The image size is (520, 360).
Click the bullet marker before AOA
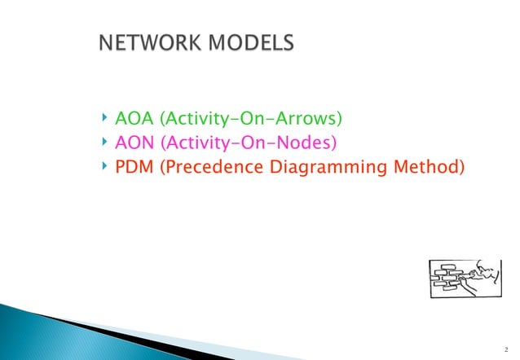click(x=105, y=121)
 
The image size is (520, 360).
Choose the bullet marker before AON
click(x=105, y=144)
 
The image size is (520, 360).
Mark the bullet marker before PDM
click(x=105, y=168)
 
